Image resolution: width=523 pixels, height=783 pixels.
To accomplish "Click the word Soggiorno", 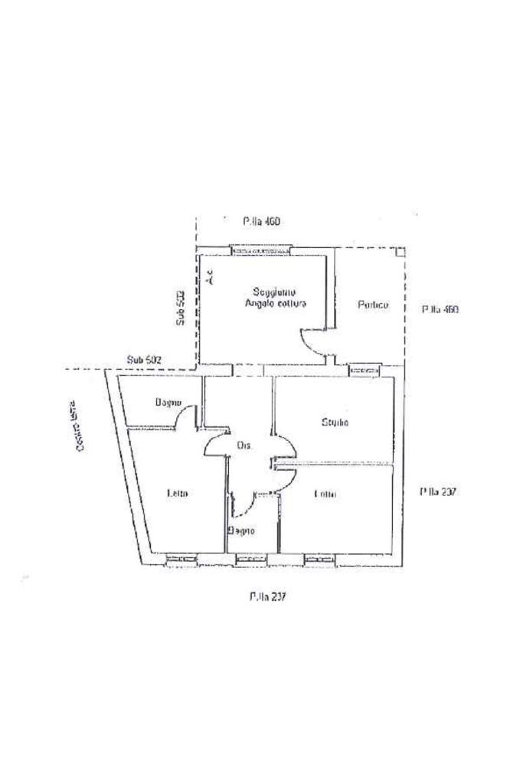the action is [270, 292].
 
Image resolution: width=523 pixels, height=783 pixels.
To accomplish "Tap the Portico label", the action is [373, 305].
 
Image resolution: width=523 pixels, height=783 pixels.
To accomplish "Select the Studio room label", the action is [335, 422].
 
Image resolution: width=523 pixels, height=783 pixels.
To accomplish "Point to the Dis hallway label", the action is [244, 445].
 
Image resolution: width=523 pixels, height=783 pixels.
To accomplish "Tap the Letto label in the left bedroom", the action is [177, 494].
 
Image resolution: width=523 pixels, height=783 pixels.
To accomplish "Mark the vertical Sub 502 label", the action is [180, 308].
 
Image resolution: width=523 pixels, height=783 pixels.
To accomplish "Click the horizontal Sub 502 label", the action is [144, 359].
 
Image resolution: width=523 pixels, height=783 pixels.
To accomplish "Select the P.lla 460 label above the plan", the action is [262, 222].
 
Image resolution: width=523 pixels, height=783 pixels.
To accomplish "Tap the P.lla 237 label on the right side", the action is [438, 493].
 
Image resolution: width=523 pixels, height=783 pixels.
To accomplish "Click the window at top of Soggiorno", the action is [261, 250].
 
